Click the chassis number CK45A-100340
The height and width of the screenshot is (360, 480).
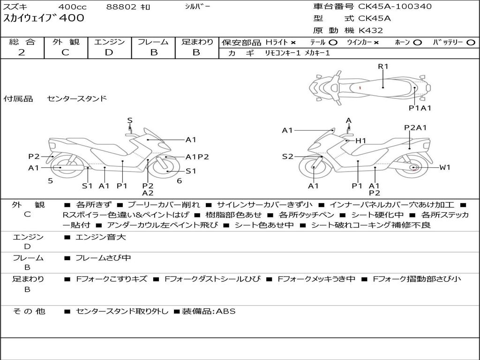(x=395, y=7)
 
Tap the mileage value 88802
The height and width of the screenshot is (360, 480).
(x=121, y=7)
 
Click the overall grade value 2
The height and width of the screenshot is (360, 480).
(x=22, y=52)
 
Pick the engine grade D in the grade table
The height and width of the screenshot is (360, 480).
(x=109, y=52)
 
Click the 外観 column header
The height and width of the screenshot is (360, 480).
(x=66, y=42)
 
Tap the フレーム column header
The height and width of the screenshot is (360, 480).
(x=153, y=42)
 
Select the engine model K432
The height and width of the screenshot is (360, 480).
(x=371, y=30)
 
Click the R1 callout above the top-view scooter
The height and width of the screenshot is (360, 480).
(x=383, y=66)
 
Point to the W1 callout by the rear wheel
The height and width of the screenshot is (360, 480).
(x=444, y=167)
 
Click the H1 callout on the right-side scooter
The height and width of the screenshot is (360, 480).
(x=360, y=140)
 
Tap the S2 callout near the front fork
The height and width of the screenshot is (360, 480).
(x=288, y=157)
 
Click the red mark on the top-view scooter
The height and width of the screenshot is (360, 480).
(x=360, y=88)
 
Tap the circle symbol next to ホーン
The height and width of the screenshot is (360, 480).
(x=418, y=42)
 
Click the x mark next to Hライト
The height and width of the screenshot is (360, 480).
(x=293, y=42)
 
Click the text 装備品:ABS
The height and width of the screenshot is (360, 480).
(x=209, y=311)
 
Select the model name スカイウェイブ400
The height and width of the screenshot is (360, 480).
(x=44, y=18)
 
